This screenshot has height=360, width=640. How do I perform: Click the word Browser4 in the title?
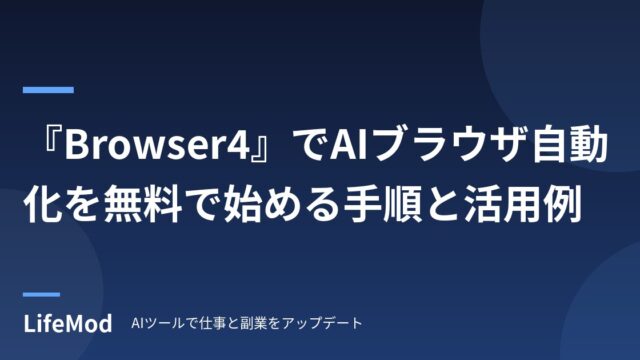157,145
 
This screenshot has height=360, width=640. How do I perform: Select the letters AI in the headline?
347,145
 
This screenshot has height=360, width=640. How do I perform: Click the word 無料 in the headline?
142,203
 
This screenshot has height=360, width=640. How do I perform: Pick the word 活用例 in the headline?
523,203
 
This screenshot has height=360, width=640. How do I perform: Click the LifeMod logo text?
68,324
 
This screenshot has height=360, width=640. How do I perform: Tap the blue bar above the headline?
48,90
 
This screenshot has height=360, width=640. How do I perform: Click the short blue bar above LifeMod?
41,294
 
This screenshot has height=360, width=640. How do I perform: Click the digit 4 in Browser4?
238,145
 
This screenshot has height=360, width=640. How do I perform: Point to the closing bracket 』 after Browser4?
260,149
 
